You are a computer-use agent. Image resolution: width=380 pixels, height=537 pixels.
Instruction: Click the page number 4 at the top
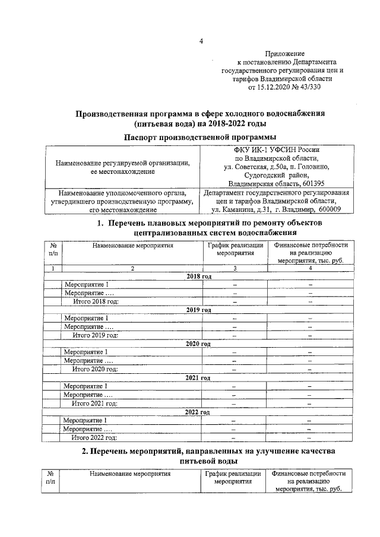201,41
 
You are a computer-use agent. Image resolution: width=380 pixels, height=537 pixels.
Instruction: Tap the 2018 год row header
199,277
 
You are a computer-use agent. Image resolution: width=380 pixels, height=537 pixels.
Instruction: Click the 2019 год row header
199,310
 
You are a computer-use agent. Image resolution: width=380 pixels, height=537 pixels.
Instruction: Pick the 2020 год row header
199,344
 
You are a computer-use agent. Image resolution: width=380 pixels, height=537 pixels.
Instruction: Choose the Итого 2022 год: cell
95,438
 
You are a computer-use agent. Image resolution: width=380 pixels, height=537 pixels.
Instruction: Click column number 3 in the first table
235,269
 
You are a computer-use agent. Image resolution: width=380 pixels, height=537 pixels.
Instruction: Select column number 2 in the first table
132,269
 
